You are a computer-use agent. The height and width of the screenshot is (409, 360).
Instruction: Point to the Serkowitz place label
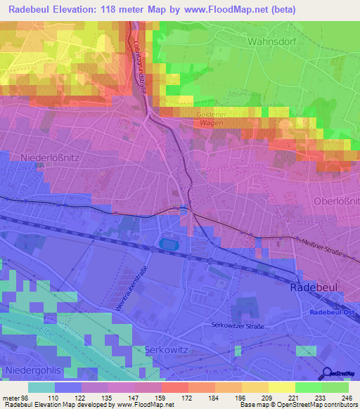click(x=165, y=349)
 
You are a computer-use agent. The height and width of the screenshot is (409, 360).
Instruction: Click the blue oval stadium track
click(x=169, y=244)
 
